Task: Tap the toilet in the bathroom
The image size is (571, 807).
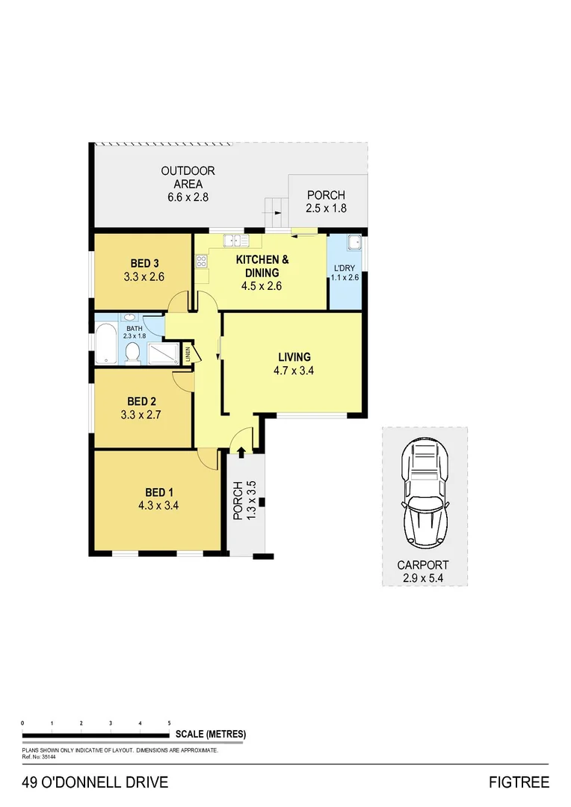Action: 134,352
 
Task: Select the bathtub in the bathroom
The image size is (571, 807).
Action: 105,346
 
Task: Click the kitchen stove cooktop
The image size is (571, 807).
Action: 201,262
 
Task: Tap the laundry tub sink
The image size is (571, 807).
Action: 354,243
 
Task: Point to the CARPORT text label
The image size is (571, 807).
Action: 424,566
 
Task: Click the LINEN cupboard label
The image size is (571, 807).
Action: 188,353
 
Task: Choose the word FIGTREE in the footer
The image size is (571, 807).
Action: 519,782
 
